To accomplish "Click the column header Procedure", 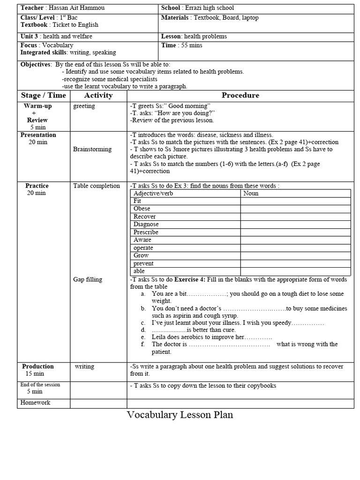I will (x=240, y=95).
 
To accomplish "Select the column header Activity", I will (x=98, y=95).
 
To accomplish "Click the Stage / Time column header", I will (x=44, y=95).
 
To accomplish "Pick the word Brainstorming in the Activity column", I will (x=92, y=149).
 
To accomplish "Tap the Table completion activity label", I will (x=97, y=186).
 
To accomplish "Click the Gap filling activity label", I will (x=88, y=279).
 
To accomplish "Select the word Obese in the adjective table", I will (x=142, y=209).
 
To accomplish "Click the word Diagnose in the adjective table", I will (x=146, y=224).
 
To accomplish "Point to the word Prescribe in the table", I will (x=146, y=232).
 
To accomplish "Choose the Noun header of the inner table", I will (x=251, y=193).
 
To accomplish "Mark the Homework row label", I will (x=35, y=403).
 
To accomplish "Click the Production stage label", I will (x=38, y=367).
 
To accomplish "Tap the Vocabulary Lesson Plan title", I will (x=180, y=415).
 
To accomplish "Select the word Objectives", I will (x=36, y=64).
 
